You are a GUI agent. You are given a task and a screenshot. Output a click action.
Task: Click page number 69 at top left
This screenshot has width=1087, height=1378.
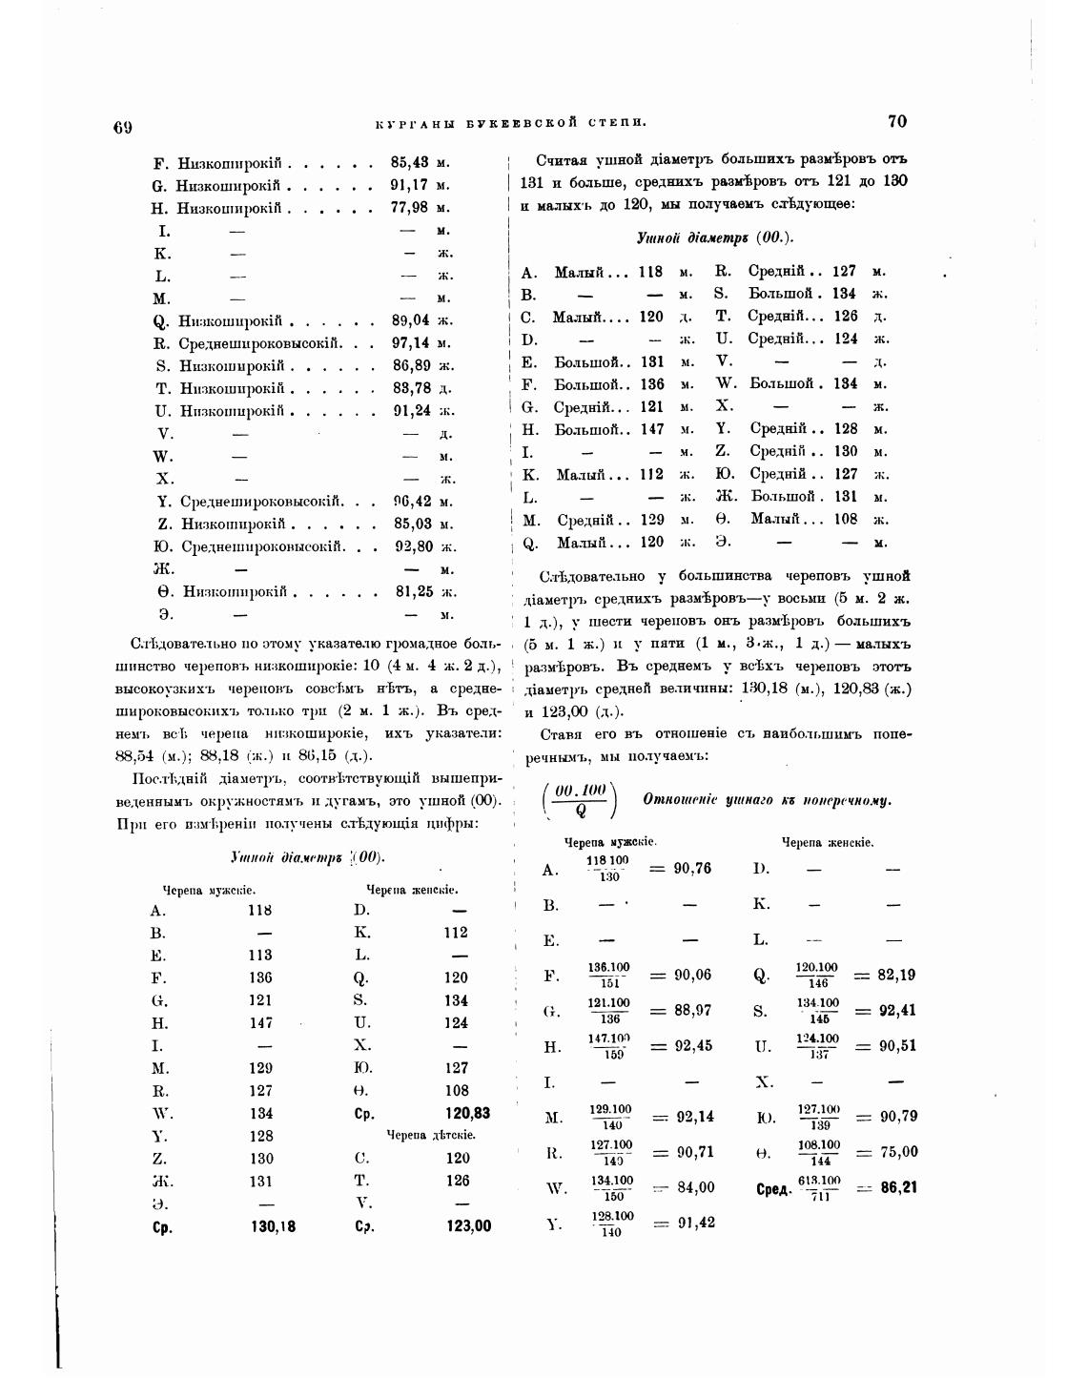122,128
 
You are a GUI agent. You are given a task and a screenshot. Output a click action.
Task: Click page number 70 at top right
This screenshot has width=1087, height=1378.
896,121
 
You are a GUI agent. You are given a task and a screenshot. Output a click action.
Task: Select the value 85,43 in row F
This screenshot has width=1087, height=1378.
410,162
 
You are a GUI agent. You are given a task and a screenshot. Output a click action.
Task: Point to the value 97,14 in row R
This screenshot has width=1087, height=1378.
411,342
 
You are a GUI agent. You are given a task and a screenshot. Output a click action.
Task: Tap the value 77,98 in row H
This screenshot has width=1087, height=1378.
410,207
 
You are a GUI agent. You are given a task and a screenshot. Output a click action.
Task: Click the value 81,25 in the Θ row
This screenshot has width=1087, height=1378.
415,591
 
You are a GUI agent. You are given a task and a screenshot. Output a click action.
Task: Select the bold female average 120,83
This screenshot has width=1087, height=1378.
467,1113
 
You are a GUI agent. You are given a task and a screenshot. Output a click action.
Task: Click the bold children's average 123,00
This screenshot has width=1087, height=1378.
468,1226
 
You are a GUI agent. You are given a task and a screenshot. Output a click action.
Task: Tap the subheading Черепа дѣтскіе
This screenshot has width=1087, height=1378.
430,1135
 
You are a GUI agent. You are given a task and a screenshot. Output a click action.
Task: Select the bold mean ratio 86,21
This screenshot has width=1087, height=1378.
899,1188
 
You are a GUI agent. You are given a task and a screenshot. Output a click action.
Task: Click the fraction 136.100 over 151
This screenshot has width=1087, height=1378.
609,975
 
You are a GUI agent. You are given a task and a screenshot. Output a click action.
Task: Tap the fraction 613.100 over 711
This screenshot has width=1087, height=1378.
819,1188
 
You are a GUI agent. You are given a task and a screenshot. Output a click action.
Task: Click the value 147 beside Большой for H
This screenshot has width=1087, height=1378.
652,429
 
